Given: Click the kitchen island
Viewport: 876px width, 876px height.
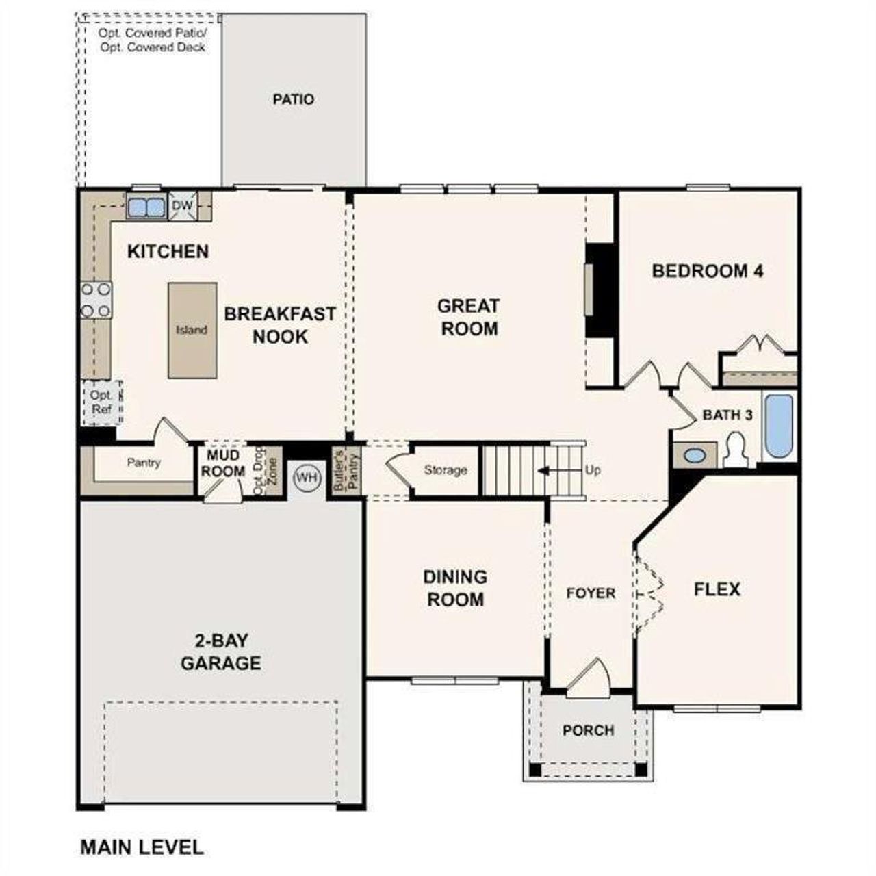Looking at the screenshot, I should [192, 330].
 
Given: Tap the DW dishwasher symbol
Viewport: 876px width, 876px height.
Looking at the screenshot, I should [182, 206].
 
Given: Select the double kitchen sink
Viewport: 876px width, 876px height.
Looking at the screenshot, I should [146, 207].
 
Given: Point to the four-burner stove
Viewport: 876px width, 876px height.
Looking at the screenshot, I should [96, 300].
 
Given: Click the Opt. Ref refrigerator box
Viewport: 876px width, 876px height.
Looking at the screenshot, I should [102, 402].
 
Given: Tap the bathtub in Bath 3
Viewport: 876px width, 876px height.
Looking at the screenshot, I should [779, 426].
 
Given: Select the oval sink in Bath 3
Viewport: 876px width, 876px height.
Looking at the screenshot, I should [694, 455].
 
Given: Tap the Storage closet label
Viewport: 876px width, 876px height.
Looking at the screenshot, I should [446, 470].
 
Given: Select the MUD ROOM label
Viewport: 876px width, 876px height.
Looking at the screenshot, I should [223, 463].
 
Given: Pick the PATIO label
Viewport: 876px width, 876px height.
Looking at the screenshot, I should [294, 99].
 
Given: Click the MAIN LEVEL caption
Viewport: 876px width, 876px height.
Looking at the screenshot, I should [142, 847].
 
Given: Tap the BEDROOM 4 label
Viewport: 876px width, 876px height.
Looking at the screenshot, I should [708, 271].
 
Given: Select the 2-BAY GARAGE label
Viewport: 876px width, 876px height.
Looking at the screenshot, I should [220, 652].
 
